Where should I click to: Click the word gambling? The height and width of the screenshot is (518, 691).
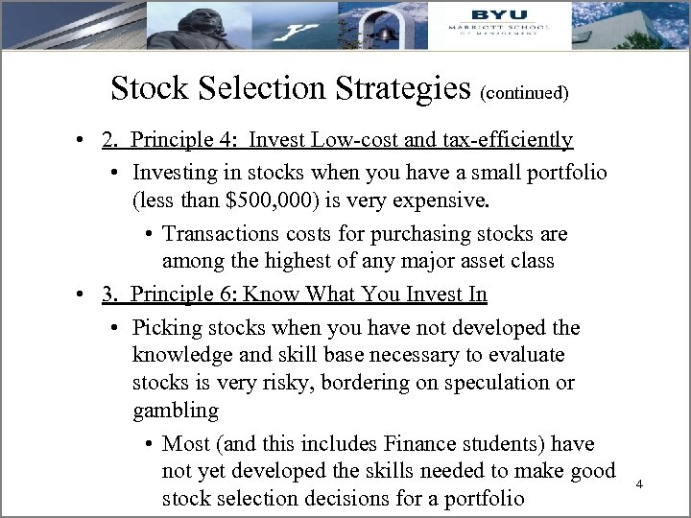pos(176,412)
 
